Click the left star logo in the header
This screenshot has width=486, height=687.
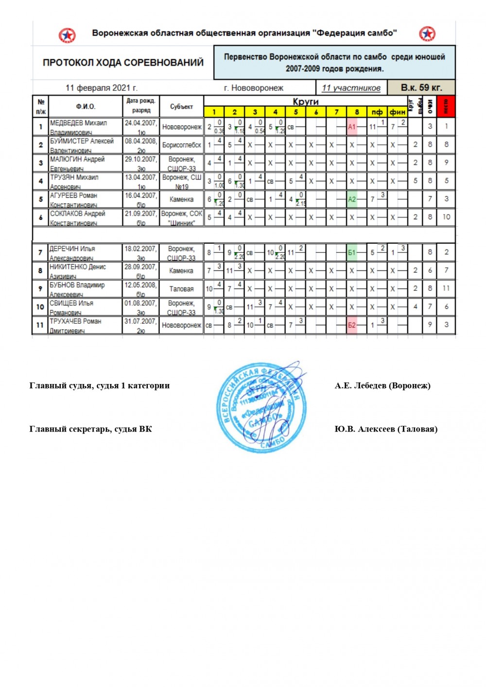[x=67, y=35]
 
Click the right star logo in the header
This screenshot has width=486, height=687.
[x=427, y=34]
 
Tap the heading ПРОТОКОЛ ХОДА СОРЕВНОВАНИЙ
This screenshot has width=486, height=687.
[x=123, y=63]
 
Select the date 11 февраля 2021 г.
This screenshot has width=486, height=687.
[x=102, y=88]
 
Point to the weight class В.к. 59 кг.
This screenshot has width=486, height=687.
[x=421, y=88]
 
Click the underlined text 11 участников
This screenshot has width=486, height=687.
[x=351, y=88]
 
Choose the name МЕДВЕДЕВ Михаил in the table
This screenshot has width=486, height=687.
[x=78, y=123]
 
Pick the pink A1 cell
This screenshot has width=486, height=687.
[x=352, y=127]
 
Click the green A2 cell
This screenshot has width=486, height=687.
[x=352, y=199]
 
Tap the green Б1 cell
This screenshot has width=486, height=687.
[x=352, y=252]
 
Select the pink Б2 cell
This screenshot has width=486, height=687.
[x=352, y=325]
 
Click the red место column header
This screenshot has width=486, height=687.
[x=446, y=106]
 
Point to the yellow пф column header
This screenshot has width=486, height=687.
[x=377, y=112]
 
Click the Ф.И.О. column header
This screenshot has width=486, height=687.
[x=86, y=106]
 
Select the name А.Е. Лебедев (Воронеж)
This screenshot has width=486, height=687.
[x=382, y=385]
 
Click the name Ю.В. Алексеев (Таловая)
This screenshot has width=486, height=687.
[x=385, y=429]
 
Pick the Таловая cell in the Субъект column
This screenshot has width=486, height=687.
[x=181, y=289]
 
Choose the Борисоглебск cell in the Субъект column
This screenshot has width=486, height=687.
[x=181, y=145]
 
